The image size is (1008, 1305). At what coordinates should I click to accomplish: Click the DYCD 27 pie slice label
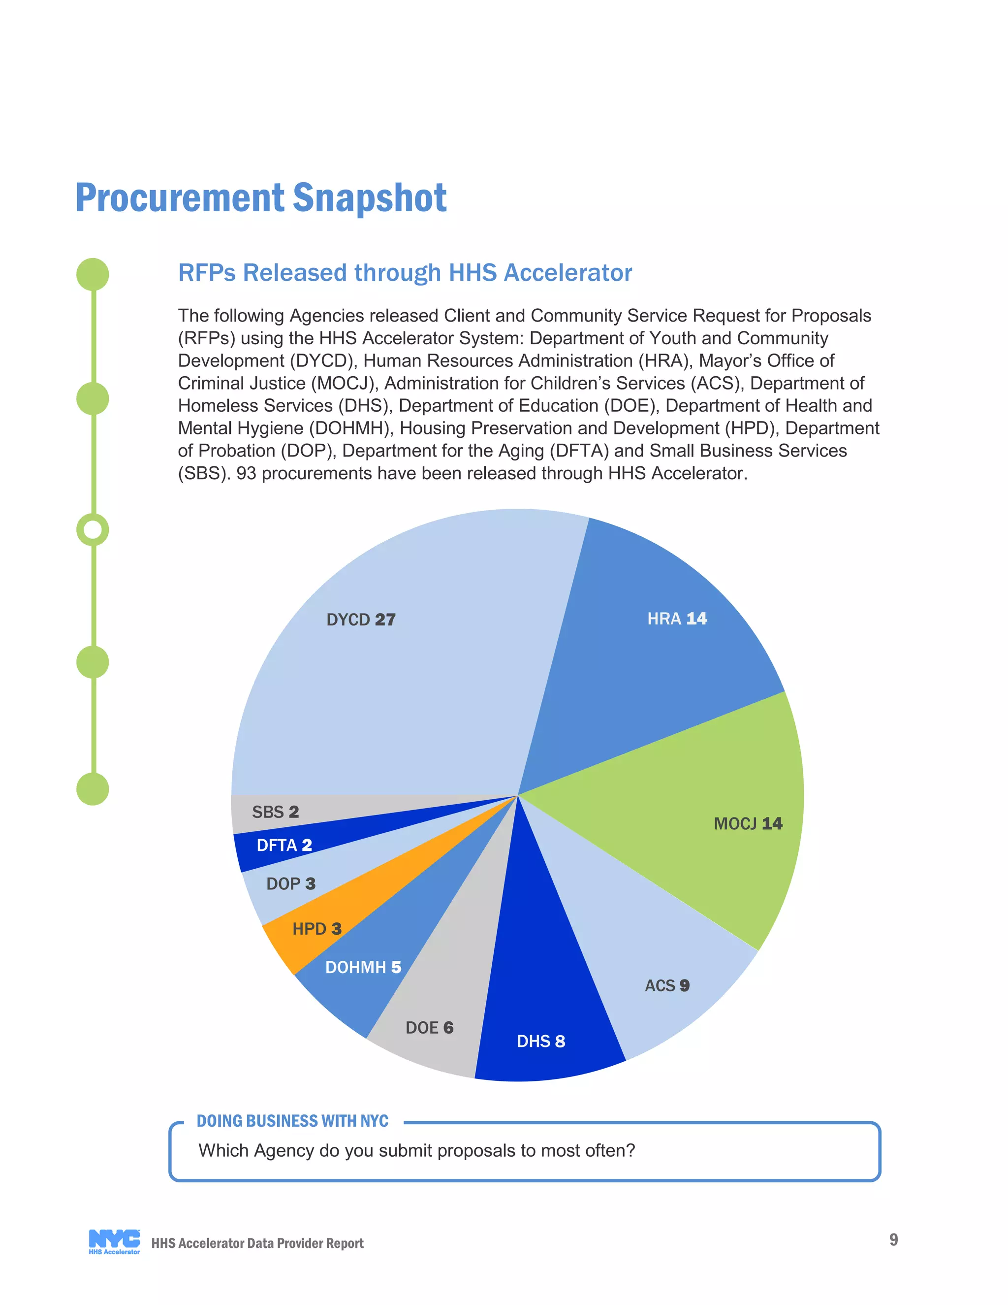(361, 620)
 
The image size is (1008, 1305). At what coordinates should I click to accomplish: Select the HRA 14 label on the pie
(677, 619)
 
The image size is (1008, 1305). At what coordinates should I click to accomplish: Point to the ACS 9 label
(667, 985)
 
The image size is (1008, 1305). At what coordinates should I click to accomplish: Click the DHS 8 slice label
(540, 1041)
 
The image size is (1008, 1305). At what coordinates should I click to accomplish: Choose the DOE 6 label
(429, 1027)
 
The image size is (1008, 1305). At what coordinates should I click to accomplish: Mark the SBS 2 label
(275, 812)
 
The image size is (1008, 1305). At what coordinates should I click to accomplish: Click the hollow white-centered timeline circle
(93, 529)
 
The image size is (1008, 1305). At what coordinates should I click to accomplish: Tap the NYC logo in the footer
(114, 1242)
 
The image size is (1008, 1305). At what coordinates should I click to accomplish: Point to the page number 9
(893, 1240)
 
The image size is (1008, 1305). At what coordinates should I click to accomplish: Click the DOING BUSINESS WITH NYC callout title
(293, 1121)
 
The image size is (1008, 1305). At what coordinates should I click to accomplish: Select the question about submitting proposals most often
(416, 1150)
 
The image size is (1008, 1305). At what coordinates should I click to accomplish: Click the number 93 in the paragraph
(246, 473)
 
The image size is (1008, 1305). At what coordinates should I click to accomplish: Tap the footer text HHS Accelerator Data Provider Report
(257, 1243)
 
